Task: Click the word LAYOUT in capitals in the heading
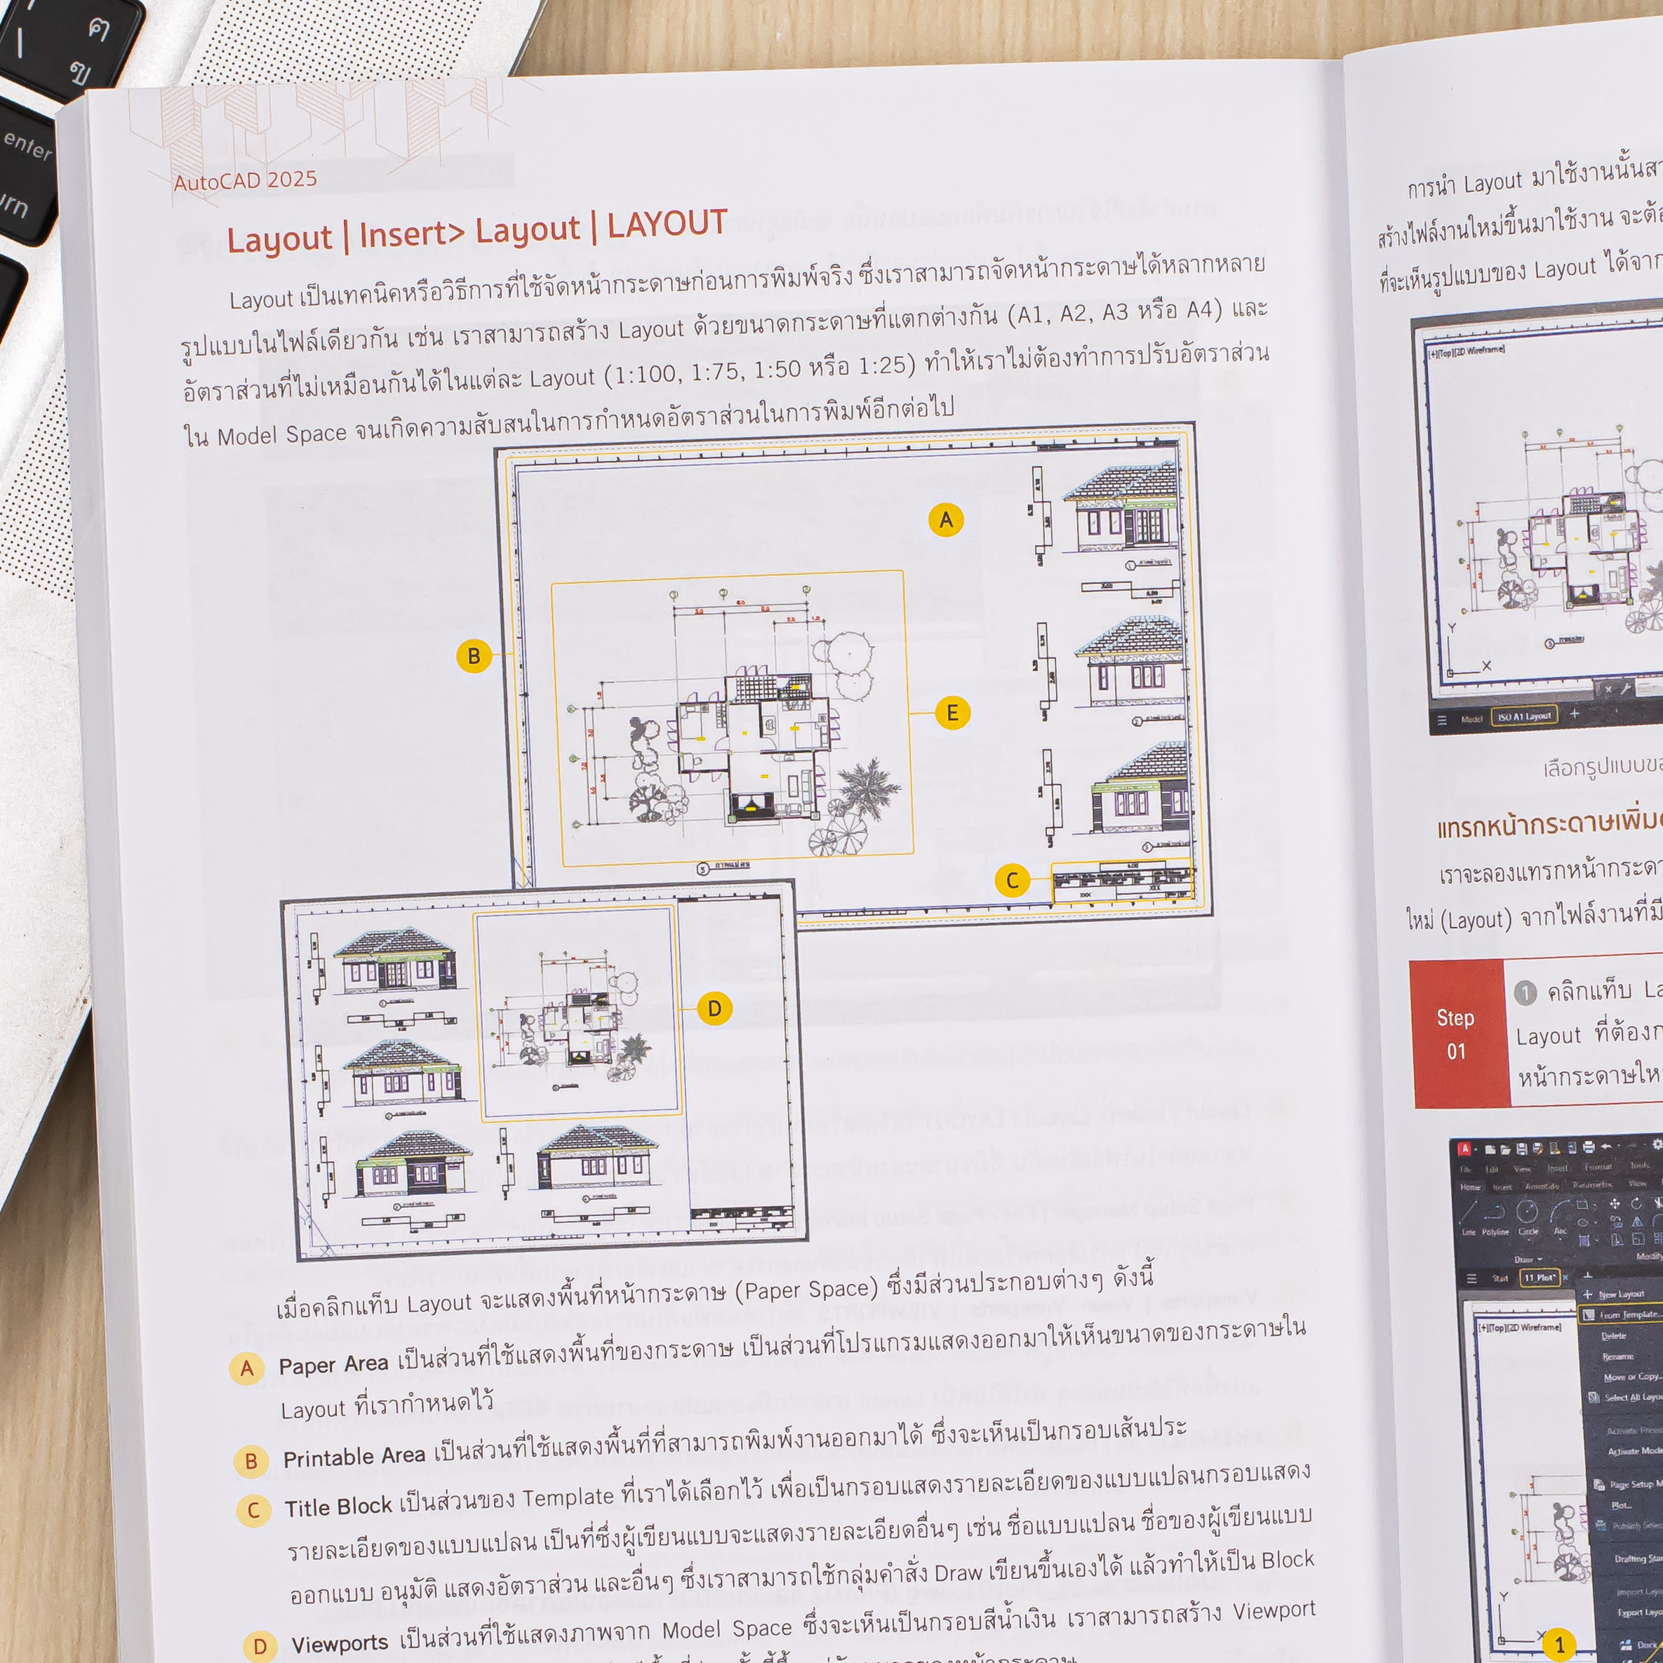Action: [x=667, y=224]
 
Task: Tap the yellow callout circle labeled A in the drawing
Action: [x=945, y=520]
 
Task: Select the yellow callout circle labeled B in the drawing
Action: [x=474, y=657]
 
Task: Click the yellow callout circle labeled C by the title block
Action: [x=1013, y=881]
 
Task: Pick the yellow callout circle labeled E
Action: [x=951, y=713]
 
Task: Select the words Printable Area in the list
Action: [x=354, y=1457]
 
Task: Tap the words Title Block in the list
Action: [x=338, y=1507]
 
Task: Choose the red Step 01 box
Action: [x=1457, y=1034]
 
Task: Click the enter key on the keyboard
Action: [x=27, y=145]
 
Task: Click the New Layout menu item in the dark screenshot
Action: [x=1621, y=1295]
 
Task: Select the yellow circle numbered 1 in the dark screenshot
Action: [x=1558, y=1644]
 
